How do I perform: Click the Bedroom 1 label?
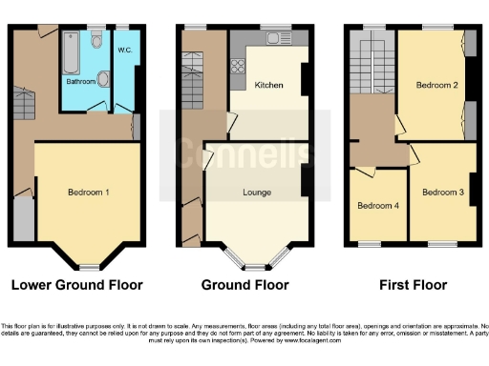[x=88, y=193]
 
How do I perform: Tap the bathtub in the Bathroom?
[x=71, y=53]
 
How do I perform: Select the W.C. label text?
[x=124, y=50]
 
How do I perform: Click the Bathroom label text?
[x=80, y=82]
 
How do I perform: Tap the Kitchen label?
[x=268, y=86]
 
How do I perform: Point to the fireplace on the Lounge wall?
[x=305, y=179]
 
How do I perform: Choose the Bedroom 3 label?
[x=442, y=193]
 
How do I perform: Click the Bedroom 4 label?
[x=376, y=206]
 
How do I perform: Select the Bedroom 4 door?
[x=365, y=172]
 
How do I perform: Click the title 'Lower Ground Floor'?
[x=75, y=284]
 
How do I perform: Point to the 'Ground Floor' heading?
[x=244, y=284]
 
